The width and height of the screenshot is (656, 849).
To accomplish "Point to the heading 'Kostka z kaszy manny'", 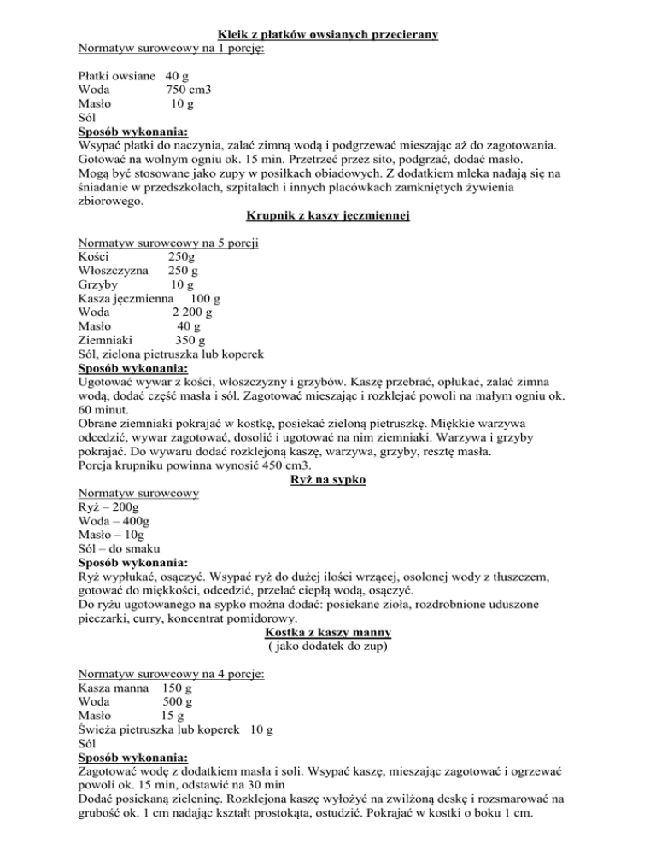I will click(327, 632).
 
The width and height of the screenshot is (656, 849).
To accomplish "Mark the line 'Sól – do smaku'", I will click(123, 549).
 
